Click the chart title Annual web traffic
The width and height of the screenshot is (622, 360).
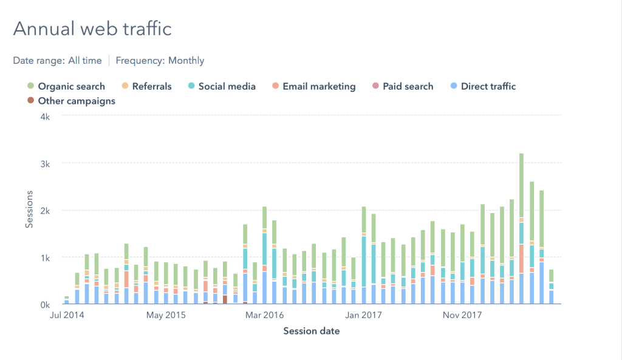click(x=92, y=29)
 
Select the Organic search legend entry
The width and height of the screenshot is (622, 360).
click(x=71, y=86)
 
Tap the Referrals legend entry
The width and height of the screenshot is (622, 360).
click(x=151, y=86)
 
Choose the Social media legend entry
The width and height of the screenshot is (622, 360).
click(x=227, y=86)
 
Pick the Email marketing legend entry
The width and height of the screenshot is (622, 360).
click(x=319, y=86)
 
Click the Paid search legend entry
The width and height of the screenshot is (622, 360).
click(x=408, y=86)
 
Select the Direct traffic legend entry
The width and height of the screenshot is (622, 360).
click(x=488, y=86)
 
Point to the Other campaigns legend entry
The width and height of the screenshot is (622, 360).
click(x=76, y=101)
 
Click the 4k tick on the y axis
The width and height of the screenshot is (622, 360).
click(x=46, y=117)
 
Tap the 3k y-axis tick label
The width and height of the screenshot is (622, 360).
click(x=46, y=163)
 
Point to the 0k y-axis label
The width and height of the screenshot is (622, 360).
click(x=46, y=304)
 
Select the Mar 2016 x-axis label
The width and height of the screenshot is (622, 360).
click(x=265, y=315)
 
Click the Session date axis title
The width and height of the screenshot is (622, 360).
click(x=311, y=331)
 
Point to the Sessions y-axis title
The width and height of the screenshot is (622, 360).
click(x=29, y=211)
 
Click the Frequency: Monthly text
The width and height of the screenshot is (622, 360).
click(x=160, y=61)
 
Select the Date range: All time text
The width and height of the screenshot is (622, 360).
click(x=58, y=61)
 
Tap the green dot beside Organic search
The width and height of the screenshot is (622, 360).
click(x=30, y=86)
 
